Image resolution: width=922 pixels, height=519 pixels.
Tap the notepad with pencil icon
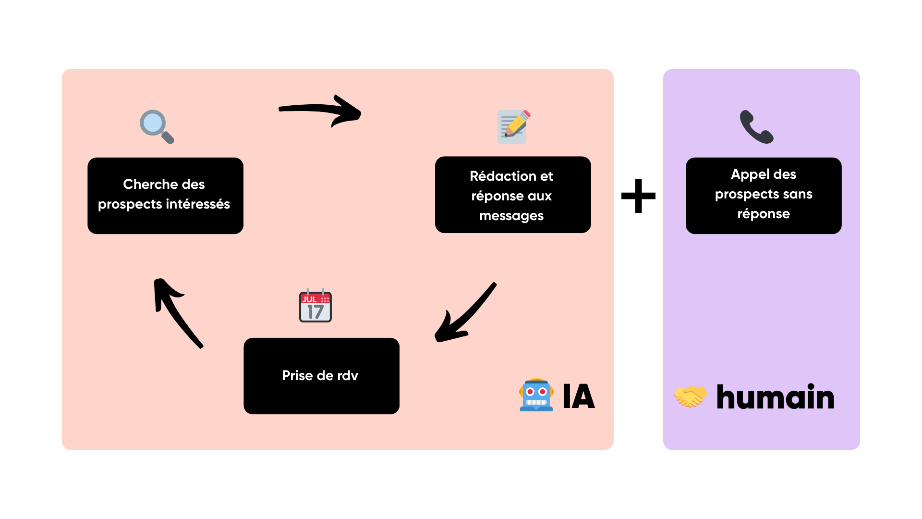512,126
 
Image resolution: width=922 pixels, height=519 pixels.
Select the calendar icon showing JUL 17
315,306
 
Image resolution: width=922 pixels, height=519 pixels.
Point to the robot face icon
536,395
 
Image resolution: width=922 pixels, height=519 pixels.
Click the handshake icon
691,396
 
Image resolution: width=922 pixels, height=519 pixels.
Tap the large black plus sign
638,196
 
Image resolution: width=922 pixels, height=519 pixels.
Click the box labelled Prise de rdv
321,376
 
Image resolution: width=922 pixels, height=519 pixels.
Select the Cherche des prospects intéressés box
165,196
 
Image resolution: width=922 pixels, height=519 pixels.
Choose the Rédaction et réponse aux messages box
513,195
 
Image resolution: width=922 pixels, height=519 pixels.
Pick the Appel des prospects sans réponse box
764,196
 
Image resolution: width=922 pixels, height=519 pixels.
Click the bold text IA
579,396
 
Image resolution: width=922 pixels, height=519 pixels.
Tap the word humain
775,397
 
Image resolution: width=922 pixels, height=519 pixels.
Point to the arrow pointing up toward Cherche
177,311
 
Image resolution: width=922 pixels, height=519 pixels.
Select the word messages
511,216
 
